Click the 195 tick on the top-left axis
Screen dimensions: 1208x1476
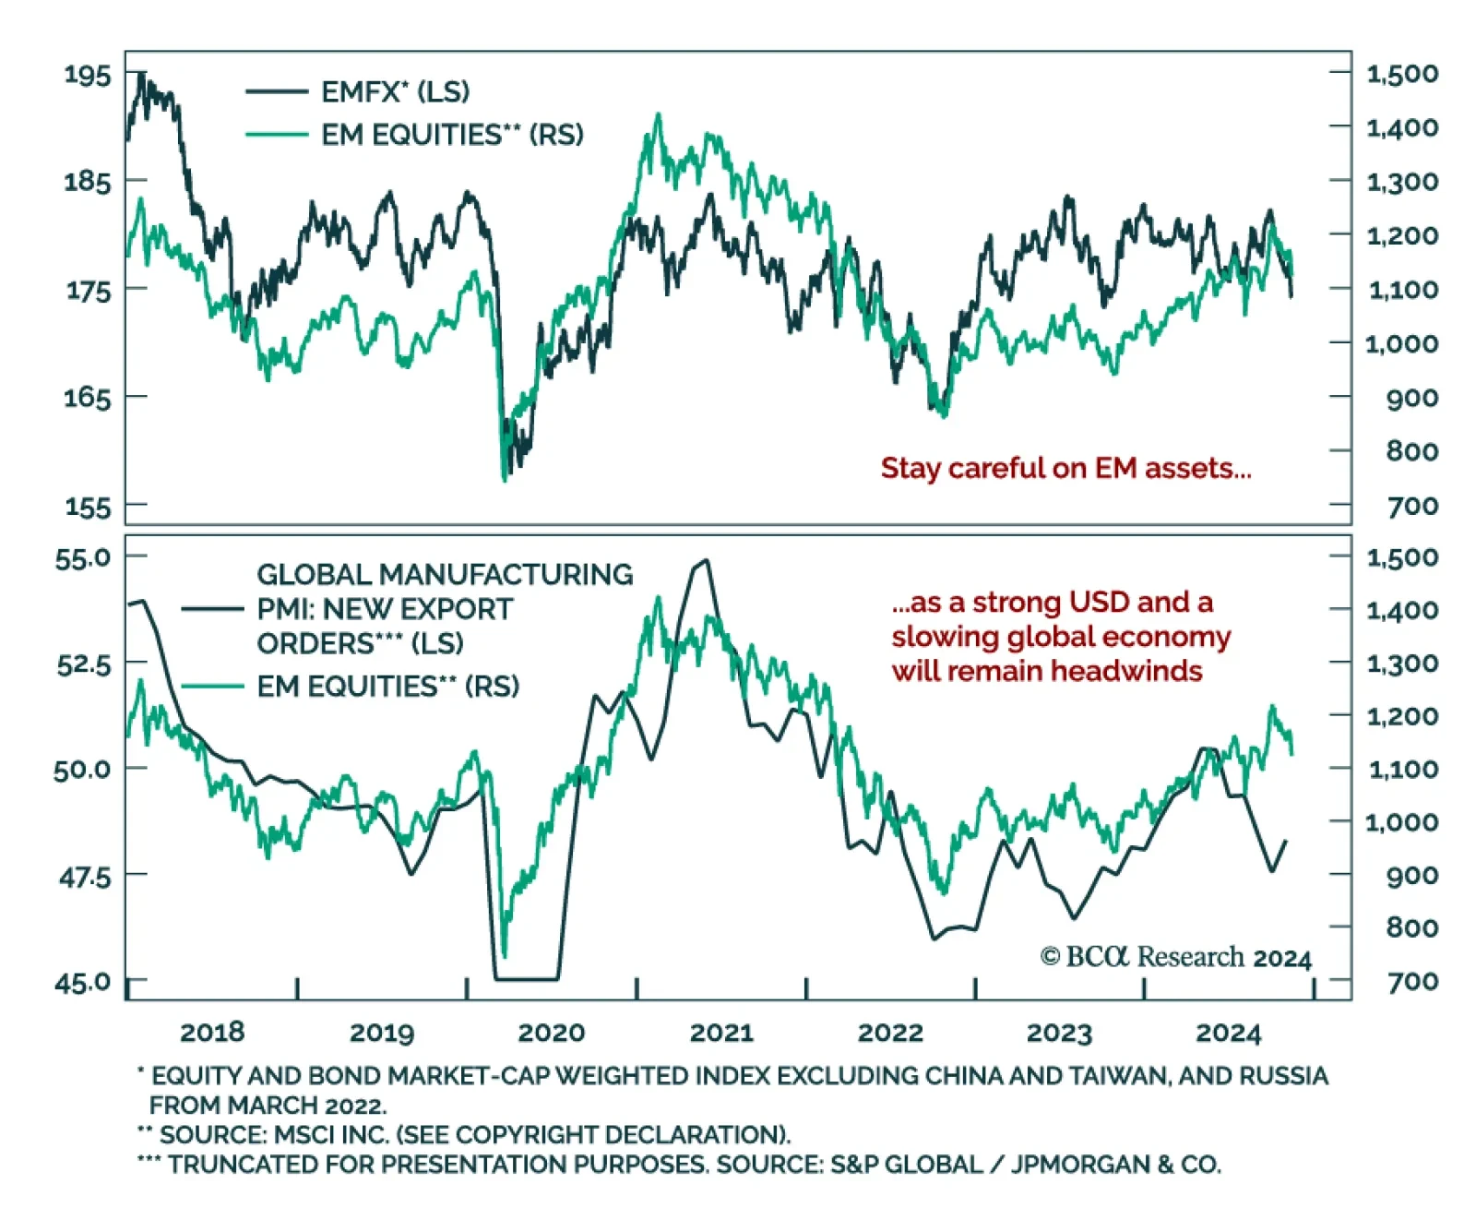[x=87, y=74]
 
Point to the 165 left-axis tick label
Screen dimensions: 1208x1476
[x=87, y=398]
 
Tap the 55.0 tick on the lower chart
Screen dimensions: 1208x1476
[x=83, y=557]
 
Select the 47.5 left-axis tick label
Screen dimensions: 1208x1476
[x=83, y=876]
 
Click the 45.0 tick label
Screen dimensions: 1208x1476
[x=83, y=982]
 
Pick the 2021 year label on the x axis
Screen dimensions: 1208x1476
[x=721, y=1033]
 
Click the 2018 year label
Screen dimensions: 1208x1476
[x=212, y=1033]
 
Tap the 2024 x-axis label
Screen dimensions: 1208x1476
[x=1228, y=1033]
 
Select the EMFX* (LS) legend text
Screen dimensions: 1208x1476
[x=395, y=91]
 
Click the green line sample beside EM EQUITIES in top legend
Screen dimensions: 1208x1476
[x=277, y=135]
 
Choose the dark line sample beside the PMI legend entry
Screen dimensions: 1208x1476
[x=212, y=609]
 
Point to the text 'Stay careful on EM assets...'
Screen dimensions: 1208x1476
[x=1065, y=469]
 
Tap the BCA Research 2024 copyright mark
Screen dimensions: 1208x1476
[x=1176, y=957]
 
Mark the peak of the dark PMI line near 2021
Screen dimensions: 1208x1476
[x=706, y=560]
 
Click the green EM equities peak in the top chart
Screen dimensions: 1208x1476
[x=658, y=115]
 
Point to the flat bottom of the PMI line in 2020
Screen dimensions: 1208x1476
[x=526, y=979]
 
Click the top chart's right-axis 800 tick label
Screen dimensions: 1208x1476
[x=1411, y=451]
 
